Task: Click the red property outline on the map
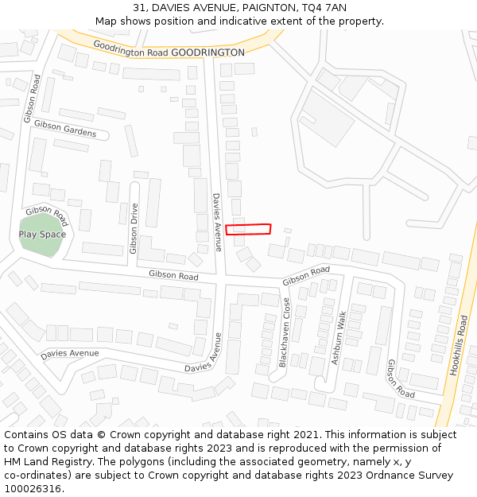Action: (x=248, y=229)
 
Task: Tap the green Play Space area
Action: (x=42, y=236)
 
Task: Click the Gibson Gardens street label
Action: (x=65, y=129)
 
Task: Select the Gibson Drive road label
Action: (x=134, y=228)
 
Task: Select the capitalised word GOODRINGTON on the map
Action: (x=208, y=52)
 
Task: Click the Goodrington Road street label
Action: (x=130, y=49)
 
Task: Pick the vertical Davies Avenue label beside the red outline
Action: (x=216, y=222)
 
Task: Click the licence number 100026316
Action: (x=33, y=488)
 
